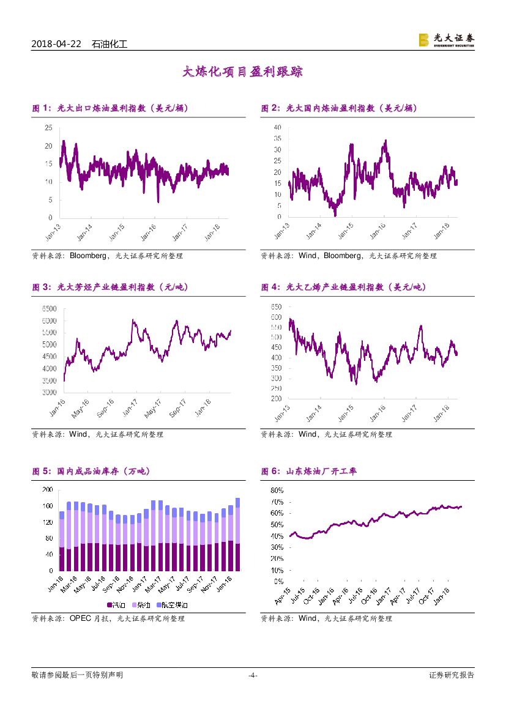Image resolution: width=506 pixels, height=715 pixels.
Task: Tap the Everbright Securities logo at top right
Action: click(446, 40)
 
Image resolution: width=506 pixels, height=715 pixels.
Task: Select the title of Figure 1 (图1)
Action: click(110, 108)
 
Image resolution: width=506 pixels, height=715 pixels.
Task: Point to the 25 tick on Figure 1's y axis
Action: click(48, 127)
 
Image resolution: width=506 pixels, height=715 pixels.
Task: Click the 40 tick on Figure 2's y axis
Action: click(277, 127)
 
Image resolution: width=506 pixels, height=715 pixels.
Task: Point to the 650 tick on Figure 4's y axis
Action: click(276, 306)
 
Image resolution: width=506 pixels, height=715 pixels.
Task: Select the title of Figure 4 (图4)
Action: click(343, 287)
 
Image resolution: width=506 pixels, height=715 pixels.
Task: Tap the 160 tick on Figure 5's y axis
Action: click(47, 506)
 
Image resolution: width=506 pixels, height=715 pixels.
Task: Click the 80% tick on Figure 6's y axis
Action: click(277, 491)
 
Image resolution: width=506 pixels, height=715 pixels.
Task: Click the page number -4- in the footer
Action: click(253, 675)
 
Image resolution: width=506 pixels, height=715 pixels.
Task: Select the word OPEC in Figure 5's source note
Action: click(80, 618)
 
